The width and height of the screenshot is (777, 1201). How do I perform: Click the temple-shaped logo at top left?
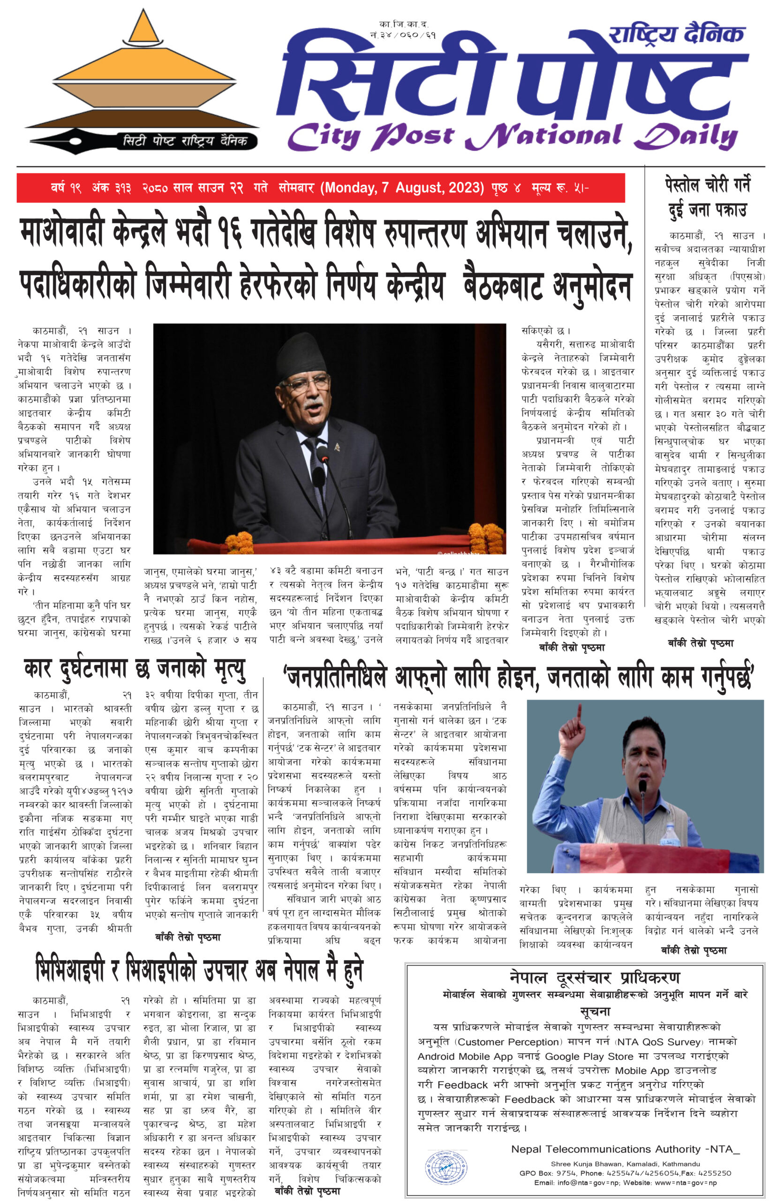pos(144,71)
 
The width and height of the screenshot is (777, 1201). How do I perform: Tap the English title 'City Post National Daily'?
pos(512,136)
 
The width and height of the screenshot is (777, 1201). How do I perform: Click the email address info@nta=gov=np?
pos(586,1182)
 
